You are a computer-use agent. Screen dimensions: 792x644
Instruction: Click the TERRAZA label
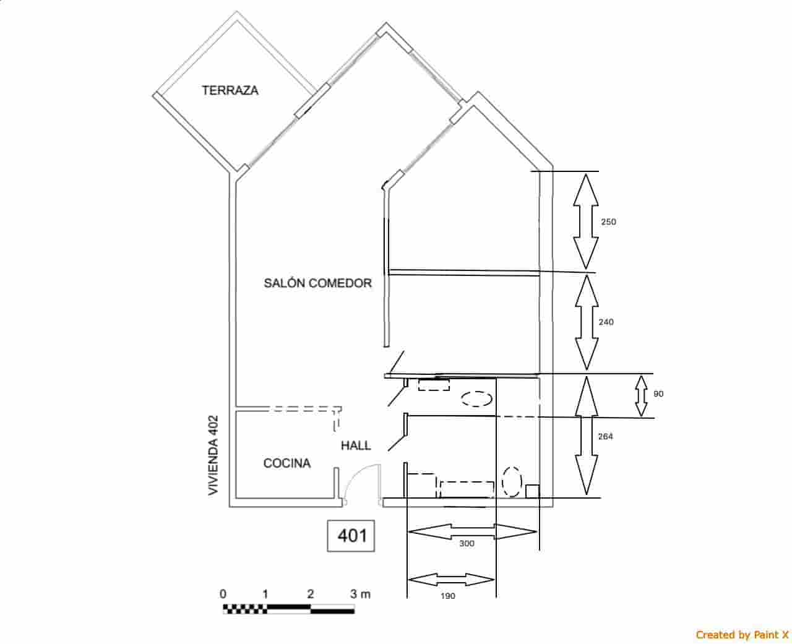[230, 90]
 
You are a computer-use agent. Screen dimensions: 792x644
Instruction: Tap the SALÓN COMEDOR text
[318, 283]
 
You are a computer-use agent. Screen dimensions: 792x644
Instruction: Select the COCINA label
[287, 463]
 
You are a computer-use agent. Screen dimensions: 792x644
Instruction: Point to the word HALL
[356, 445]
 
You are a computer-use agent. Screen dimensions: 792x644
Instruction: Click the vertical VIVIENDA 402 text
[213, 455]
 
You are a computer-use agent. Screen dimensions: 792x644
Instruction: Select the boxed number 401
[351, 536]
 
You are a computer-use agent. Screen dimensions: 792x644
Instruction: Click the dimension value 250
[609, 222]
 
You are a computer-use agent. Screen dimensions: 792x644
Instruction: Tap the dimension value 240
[606, 322]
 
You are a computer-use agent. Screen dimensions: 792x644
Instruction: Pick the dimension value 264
[606, 436]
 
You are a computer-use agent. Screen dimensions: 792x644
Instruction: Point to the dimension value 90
[658, 394]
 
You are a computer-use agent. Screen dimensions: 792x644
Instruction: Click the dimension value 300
[467, 544]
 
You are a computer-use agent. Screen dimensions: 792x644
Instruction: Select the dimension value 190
[448, 596]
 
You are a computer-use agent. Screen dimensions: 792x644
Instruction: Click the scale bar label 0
[223, 594]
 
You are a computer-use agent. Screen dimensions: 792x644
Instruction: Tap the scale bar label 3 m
[360, 594]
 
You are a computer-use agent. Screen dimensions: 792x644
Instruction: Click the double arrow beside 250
[586, 221]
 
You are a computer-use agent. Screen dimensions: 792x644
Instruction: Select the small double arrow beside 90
[641, 396]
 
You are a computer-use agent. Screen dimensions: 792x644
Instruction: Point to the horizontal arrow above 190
[452, 580]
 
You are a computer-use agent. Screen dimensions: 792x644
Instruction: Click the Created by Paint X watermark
[742, 634]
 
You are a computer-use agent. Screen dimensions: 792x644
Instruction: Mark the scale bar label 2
[311, 594]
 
